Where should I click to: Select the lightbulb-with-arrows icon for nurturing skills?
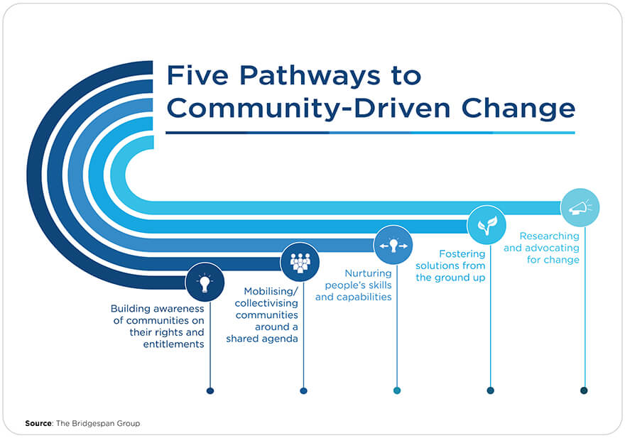pyautogui.click(x=393, y=245)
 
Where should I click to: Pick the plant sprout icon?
pyautogui.click(x=487, y=226)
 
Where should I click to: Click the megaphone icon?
pyautogui.click(x=580, y=207)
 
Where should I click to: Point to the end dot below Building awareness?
pyautogui.click(x=210, y=390)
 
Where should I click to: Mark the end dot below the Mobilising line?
pyautogui.click(x=303, y=390)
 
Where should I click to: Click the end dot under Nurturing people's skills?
pyautogui.click(x=397, y=390)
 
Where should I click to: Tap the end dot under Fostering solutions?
pyautogui.click(x=490, y=390)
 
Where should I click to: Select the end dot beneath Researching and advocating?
pyautogui.click(x=584, y=390)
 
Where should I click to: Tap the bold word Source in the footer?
pyautogui.click(x=38, y=424)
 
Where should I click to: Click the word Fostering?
pyautogui.click(x=462, y=253)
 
